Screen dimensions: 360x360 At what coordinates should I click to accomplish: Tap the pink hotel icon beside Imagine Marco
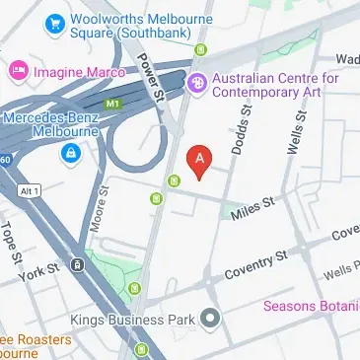tap(18, 70)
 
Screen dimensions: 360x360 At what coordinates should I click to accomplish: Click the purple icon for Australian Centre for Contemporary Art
tap(197, 84)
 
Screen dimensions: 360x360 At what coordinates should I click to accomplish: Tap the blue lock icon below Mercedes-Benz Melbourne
tap(70, 153)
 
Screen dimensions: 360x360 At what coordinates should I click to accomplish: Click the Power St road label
tap(149, 75)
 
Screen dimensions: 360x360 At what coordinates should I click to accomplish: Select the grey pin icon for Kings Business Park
tap(209, 319)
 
